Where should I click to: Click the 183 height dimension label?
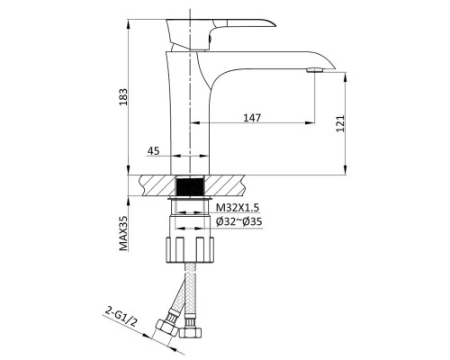point(123,96)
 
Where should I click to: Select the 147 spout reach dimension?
point(252,118)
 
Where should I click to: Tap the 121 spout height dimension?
point(340,123)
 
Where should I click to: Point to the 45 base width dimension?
point(153,151)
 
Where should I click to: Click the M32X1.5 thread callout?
point(238,207)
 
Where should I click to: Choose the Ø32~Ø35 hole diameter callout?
point(239,221)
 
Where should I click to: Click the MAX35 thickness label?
point(123,233)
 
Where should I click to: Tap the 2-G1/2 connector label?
point(121,317)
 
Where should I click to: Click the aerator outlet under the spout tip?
point(315,70)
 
